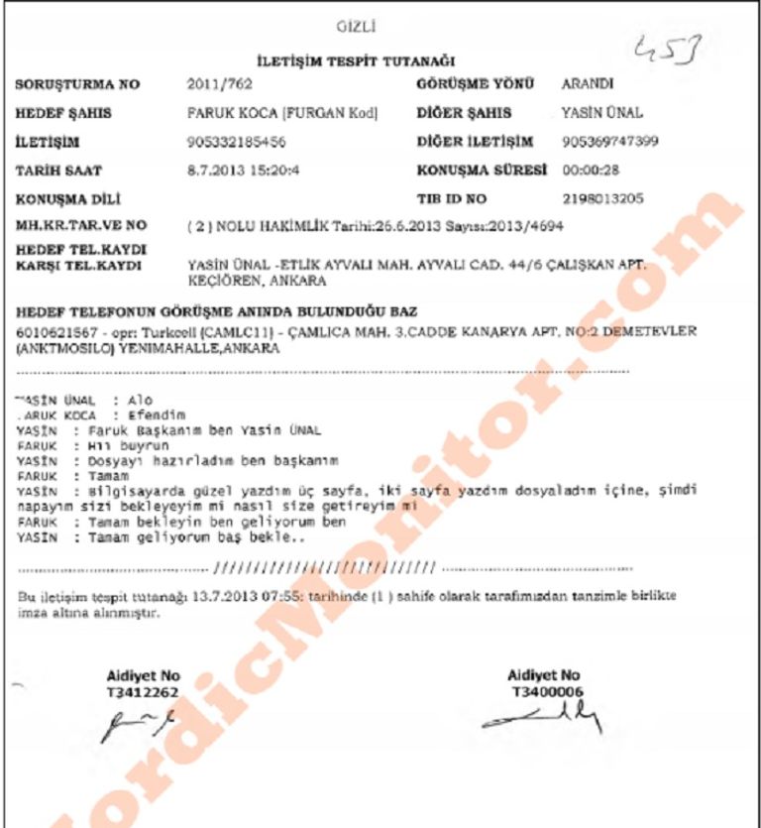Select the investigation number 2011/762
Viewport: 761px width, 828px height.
(x=214, y=85)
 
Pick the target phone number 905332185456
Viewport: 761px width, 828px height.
(x=237, y=142)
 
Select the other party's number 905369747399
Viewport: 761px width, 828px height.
(x=610, y=142)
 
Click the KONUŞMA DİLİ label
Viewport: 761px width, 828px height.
(x=64, y=199)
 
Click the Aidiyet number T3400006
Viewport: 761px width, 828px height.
(x=544, y=690)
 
